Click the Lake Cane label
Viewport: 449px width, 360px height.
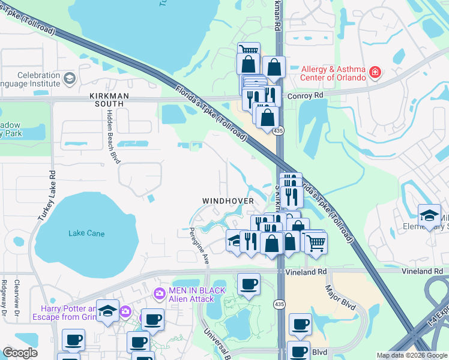click(86, 233)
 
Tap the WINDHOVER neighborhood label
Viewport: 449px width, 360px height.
click(228, 200)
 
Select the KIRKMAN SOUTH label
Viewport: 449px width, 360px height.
click(106, 100)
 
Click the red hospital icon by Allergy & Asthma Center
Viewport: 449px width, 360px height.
click(375, 73)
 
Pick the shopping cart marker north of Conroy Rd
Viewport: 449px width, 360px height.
click(249, 51)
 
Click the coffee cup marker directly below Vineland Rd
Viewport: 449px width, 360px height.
click(249, 284)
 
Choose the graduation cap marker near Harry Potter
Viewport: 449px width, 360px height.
click(107, 310)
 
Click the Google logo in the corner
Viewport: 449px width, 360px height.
click(20, 353)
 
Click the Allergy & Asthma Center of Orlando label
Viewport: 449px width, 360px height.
click(333, 74)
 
